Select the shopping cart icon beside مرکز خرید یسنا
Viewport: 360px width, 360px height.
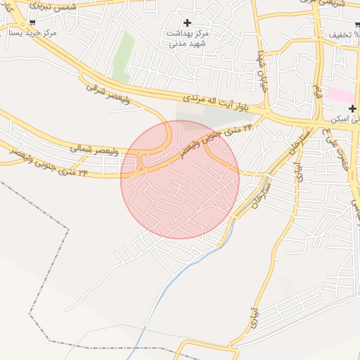pyautogui.click(x=32, y=22)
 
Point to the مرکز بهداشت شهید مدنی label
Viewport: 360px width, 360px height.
pyautogui.click(x=187, y=38)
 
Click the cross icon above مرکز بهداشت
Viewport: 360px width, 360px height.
pyautogui.click(x=187, y=22)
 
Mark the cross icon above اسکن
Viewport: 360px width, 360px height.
pyautogui.click(x=352, y=108)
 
